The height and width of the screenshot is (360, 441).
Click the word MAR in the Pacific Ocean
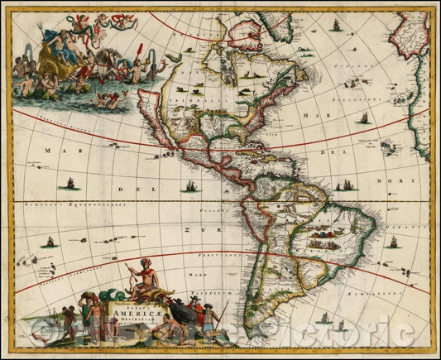(58, 151)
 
